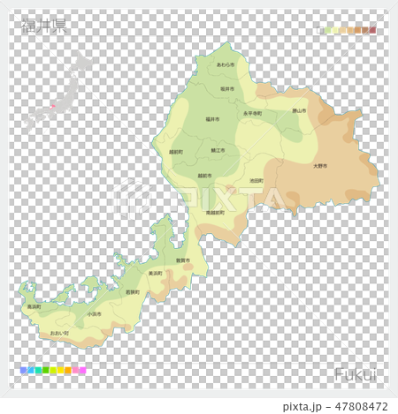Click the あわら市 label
pos(226,64)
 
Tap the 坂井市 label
pos(227,89)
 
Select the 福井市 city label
pos(212,118)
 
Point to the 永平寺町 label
pos(251,114)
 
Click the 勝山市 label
pos(299,111)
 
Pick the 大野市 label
pos(320,166)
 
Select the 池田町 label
pos(257,180)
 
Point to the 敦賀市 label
pos(183,261)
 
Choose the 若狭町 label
pos(133,291)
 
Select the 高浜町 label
pos(34,306)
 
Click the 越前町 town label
pos(176,152)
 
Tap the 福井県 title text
pos(44,26)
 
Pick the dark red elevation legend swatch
pos(373,30)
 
